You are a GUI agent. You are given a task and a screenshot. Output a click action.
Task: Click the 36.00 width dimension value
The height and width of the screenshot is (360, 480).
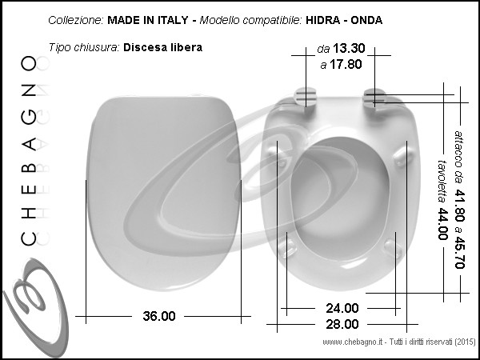pos(159,316)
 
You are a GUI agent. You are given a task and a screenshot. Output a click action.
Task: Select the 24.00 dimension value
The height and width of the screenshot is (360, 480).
pos(342,308)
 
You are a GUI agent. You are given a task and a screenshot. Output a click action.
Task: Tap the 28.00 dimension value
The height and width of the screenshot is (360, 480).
pos(342,324)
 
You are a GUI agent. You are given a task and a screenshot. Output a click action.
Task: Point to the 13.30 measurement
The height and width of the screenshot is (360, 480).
pos(349,48)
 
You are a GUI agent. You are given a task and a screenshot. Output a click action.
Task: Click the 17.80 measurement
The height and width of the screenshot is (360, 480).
pos(346,64)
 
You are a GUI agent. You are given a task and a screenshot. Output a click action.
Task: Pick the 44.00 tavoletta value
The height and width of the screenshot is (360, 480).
pos(442,224)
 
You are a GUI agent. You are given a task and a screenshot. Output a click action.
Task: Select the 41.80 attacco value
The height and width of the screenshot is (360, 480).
pos(459,206)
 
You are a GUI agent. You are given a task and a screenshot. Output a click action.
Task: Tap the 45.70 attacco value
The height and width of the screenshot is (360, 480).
pos(459,252)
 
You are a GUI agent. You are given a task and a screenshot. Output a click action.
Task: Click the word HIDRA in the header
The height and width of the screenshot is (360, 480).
pos(322,20)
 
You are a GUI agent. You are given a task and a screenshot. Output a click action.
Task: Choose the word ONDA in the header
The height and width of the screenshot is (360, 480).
pos(366,20)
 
